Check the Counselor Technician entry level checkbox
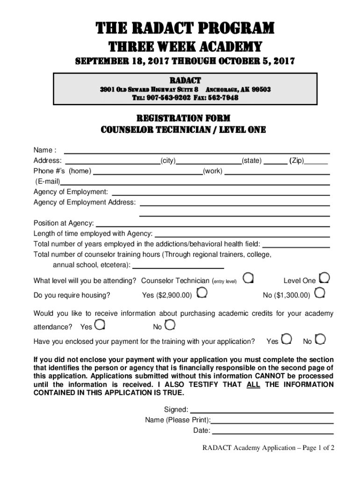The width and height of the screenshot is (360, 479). coord(249,279)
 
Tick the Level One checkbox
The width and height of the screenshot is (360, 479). coord(324,279)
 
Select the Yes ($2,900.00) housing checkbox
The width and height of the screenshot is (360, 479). coord(202,293)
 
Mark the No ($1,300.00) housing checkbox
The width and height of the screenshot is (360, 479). coord(320,293)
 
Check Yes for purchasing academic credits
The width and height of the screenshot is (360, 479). coord(100,324)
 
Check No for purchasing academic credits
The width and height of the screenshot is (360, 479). coord(171,324)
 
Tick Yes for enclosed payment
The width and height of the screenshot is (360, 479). coord(287,339)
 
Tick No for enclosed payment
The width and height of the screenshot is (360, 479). coord(321,339)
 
